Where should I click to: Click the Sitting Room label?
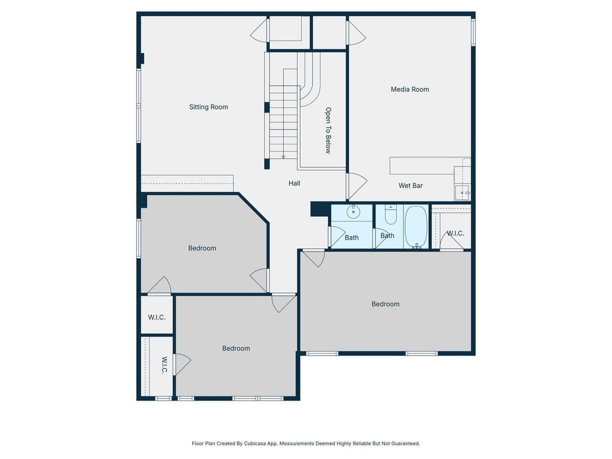[x=209, y=107]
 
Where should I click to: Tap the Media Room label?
[x=410, y=89]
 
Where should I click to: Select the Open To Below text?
[x=328, y=130]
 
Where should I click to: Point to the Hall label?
[x=294, y=183]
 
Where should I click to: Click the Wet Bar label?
[x=411, y=186]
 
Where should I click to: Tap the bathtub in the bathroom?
[x=416, y=226]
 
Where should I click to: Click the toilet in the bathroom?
[x=391, y=216]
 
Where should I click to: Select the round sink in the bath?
[x=353, y=211]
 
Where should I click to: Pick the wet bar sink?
[x=462, y=193]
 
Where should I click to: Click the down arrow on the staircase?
[x=283, y=156]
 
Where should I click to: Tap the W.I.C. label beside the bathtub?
[x=455, y=233]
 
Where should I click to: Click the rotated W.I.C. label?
[x=164, y=365]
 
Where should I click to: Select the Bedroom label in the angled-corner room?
[x=202, y=248]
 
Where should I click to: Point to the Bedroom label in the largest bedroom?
[x=386, y=304]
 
